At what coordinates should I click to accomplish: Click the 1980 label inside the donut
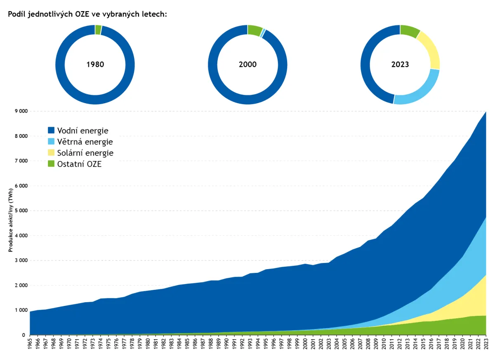tap(95, 64)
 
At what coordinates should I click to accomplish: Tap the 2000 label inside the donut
tap(247, 64)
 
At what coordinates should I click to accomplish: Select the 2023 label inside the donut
tap(400, 64)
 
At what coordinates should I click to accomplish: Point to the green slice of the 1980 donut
tap(98, 30)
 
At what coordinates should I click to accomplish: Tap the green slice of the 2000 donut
tap(255, 31)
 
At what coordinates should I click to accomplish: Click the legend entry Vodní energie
tap(78, 130)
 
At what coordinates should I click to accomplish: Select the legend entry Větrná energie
tap(80, 142)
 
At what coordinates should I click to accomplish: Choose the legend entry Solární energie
tap(80, 153)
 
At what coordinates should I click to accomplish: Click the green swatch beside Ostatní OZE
tap(51, 164)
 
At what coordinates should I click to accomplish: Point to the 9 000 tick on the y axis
tap(21, 111)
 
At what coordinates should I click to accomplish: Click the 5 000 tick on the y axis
tap(21, 211)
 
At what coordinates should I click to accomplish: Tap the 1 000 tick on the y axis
tap(21, 310)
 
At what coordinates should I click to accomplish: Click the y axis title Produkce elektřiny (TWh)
tap(11, 220)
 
